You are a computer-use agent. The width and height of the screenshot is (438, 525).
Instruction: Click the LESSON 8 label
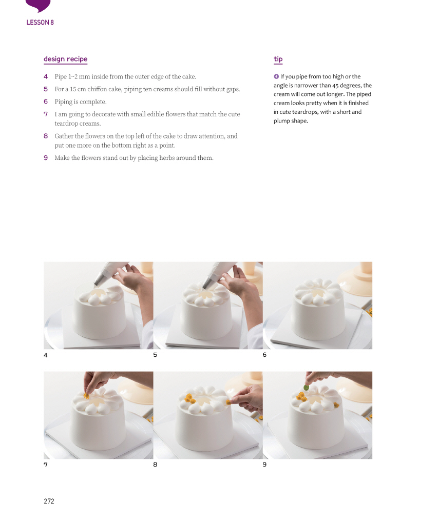tap(40, 23)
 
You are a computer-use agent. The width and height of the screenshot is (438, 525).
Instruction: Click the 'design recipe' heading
tap(65, 59)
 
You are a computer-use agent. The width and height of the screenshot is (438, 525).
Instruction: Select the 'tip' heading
tap(278, 59)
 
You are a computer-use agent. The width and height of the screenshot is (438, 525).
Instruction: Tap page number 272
tap(49, 501)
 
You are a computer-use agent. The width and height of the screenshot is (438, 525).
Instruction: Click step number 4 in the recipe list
tap(46, 77)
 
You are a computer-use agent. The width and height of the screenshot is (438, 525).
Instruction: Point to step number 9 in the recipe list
tap(46, 158)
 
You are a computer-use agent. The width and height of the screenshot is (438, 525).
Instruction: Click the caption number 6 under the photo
tap(264, 355)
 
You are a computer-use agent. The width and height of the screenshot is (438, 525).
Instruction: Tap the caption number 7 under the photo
tap(46, 465)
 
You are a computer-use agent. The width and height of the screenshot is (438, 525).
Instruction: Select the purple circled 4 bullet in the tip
tap(276, 76)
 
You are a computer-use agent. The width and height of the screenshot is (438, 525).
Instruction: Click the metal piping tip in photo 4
tap(100, 278)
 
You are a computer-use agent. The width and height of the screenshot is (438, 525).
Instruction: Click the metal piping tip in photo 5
tap(209, 282)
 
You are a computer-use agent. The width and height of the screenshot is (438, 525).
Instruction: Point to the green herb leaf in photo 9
tap(306, 388)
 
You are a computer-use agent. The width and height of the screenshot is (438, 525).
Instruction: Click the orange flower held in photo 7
tap(87, 396)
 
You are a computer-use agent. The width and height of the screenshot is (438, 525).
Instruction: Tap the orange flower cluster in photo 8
tap(190, 398)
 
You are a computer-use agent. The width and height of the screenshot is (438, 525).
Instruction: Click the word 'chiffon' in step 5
tap(97, 89)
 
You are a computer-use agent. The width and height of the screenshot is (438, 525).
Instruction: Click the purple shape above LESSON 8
tap(38, 5)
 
